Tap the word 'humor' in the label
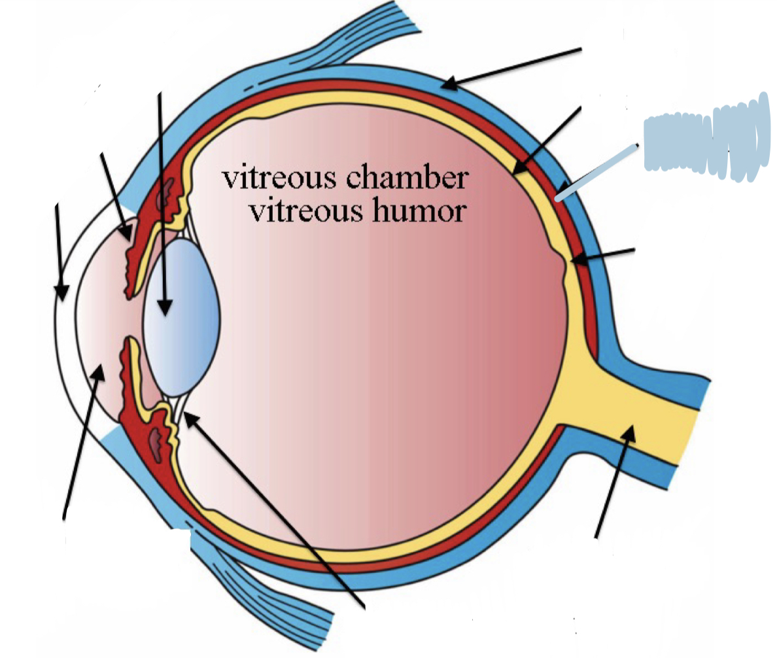click(426, 211)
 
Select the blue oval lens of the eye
click(181, 317)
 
